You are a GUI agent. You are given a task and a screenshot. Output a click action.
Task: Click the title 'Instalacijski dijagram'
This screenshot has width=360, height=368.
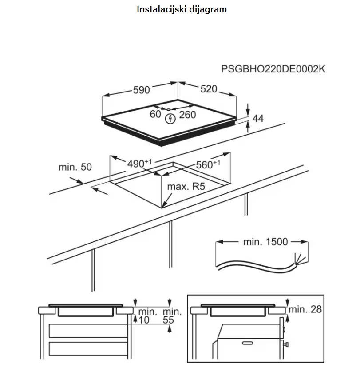(x=182, y=9)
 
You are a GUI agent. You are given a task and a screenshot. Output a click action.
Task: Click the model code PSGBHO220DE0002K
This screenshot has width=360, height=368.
(x=273, y=69)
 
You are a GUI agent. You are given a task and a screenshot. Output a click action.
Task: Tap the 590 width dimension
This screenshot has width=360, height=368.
(x=142, y=90)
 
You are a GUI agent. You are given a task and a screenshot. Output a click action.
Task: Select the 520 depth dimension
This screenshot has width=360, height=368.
(x=209, y=89)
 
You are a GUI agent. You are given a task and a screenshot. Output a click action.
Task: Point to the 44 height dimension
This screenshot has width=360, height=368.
(x=258, y=119)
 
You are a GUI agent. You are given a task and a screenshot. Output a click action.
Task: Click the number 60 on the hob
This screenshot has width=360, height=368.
(x=155, y=114)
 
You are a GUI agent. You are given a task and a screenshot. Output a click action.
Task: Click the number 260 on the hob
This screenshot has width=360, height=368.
(x=187, y=115)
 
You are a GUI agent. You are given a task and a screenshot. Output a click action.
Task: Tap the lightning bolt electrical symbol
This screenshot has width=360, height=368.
(x=170, y=118)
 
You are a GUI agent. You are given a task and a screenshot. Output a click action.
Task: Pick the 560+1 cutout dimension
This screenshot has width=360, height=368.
(x=208, y=164)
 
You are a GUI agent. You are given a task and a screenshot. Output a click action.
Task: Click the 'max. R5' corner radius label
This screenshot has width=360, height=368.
(x=186, y=187)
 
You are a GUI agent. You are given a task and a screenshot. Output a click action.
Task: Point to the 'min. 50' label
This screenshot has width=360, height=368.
(x=75, y=167)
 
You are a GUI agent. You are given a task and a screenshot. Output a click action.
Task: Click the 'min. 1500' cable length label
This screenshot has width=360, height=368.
(x=265, y=242)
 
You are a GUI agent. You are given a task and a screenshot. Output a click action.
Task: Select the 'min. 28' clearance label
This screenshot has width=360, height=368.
(x=305, y=309)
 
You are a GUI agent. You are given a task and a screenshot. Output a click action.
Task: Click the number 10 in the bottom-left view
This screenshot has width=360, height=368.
(x=143, y=320)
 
